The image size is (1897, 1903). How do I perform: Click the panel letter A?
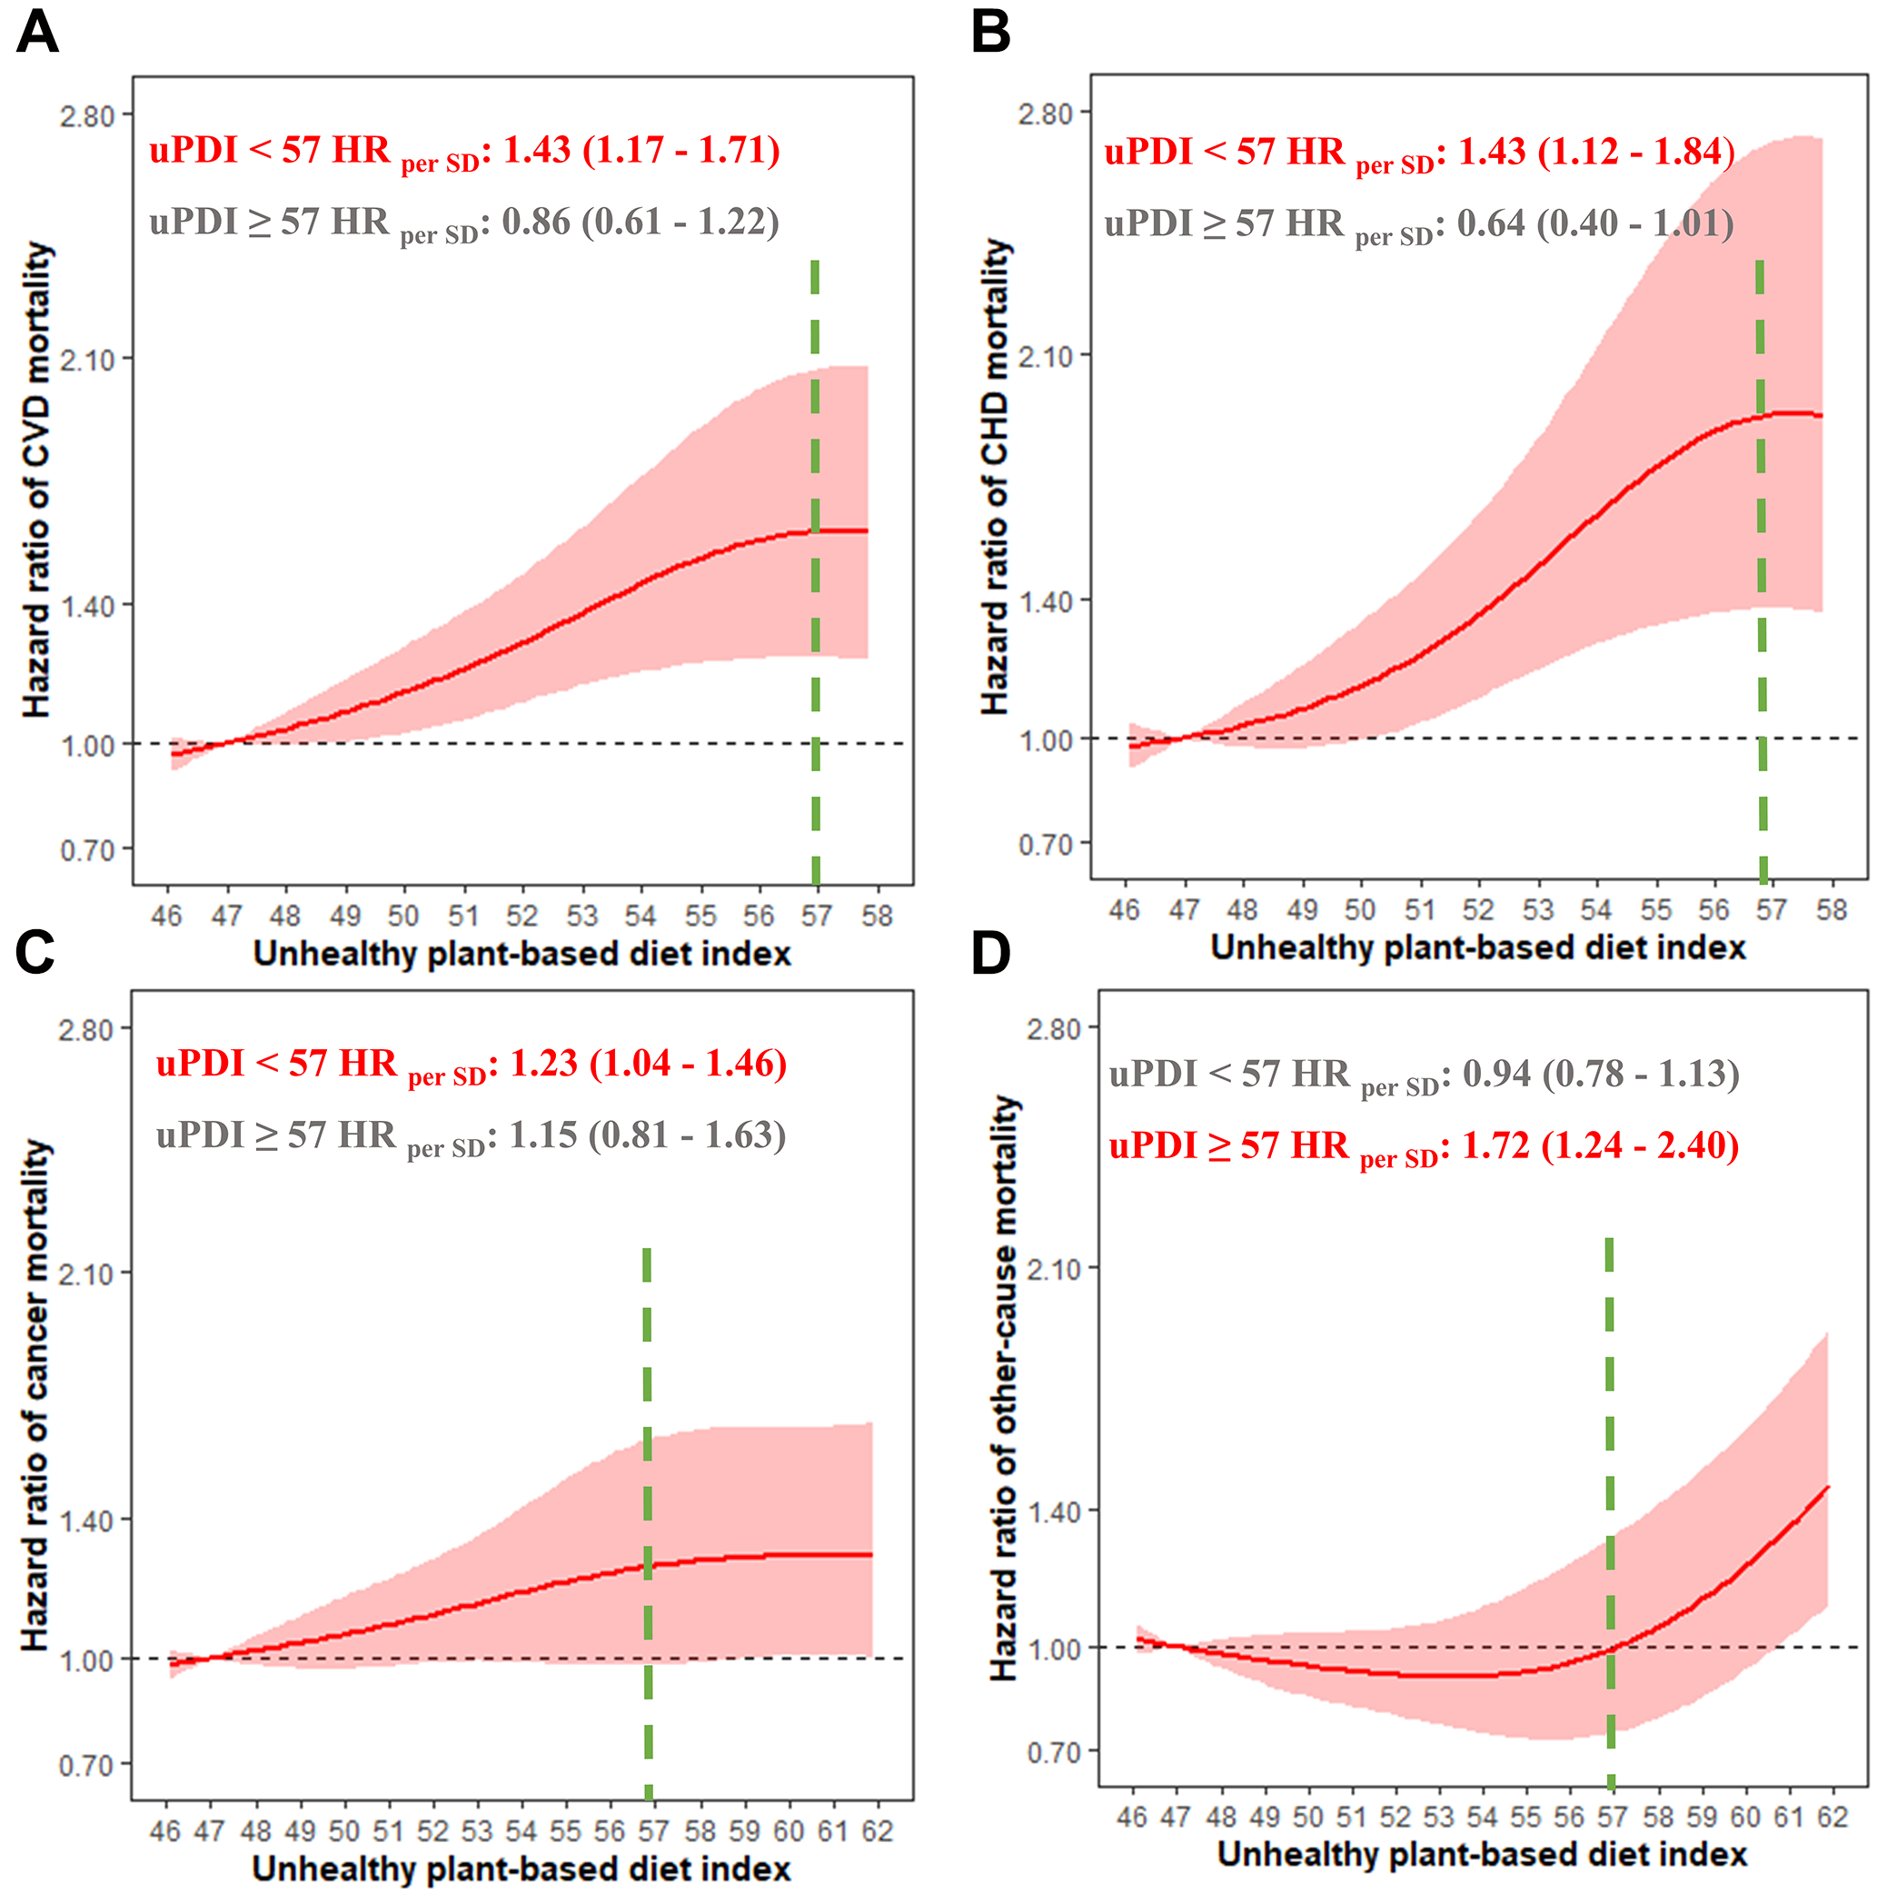point(37,32)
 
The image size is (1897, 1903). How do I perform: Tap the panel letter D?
point(991,953)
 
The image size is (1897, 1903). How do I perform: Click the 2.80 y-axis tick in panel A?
point(86,116)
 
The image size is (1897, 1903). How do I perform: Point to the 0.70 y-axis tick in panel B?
point(1045,844)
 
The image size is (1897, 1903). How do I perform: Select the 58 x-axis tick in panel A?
point(877,916)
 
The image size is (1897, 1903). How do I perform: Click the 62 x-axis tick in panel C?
point(877,1830)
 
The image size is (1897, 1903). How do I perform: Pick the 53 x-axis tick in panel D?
point(1438,1815)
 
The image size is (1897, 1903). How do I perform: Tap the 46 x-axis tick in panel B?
point(1124,909)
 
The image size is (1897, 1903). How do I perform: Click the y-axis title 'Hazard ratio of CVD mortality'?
point(36,480)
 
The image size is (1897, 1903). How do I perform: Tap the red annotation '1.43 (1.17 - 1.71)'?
point(641,151)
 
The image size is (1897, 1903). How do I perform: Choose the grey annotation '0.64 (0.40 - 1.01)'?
point(1594,223)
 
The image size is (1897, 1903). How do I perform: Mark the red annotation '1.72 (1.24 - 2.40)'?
point(1600,1145)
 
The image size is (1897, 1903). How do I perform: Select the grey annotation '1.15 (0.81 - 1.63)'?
point(647,1135)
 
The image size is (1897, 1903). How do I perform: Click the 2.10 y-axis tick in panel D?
point(1054,1269)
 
